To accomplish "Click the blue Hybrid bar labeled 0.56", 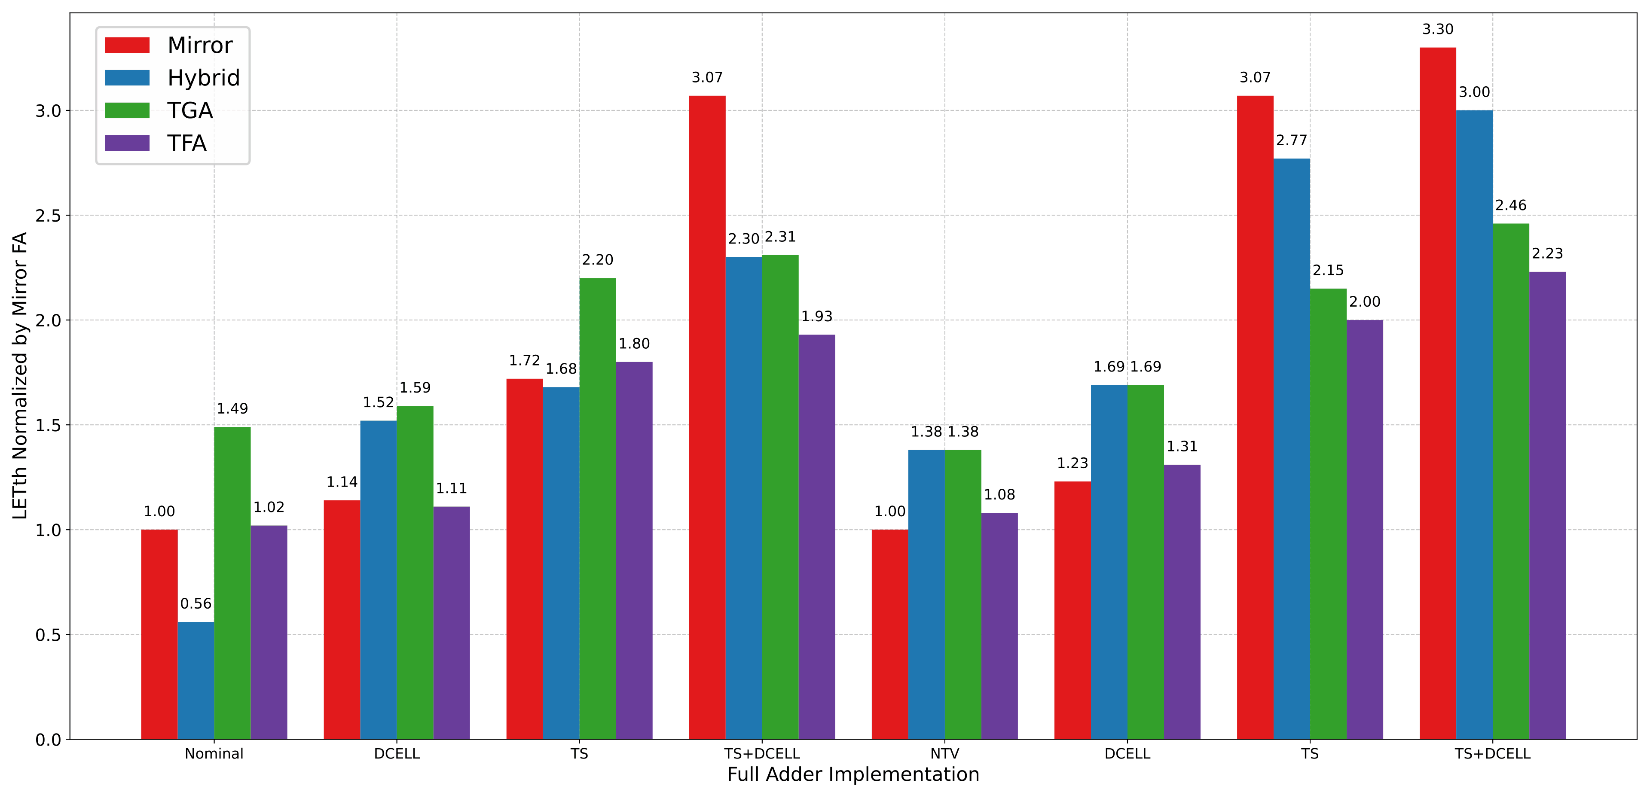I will [196, 680].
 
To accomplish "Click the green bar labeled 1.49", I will [232, 583].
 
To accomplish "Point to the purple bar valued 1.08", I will [999, 626].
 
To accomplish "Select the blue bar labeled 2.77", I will [1291, 448].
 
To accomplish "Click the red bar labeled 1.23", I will [1072, 610].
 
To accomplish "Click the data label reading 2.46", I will [1510, 206].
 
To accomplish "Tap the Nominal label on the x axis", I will [214, 754].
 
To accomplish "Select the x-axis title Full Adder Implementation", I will [852, 775].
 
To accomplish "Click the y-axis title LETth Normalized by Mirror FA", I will [20, 375].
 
